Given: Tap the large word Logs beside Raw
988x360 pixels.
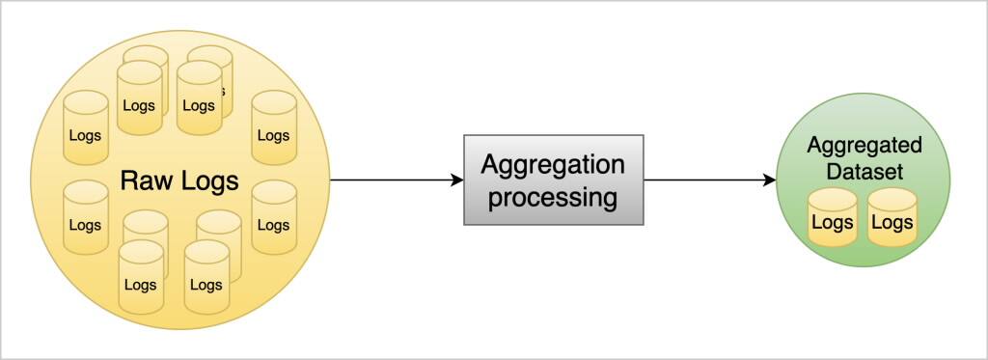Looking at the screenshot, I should point(208,180).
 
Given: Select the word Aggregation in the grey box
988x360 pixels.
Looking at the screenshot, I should point(553,163).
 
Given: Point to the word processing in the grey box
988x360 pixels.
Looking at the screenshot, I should point(553,198).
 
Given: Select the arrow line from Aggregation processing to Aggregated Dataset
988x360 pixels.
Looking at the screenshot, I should point(709,180).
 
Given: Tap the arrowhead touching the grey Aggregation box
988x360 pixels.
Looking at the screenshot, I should point(457,180).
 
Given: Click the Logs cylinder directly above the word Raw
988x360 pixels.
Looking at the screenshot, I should point(139,100).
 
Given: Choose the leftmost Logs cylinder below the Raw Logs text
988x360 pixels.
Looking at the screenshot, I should point(85,220).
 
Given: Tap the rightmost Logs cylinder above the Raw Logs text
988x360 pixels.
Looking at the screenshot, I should point(273,130).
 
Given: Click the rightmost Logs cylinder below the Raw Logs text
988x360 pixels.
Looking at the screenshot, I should point(273,220).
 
